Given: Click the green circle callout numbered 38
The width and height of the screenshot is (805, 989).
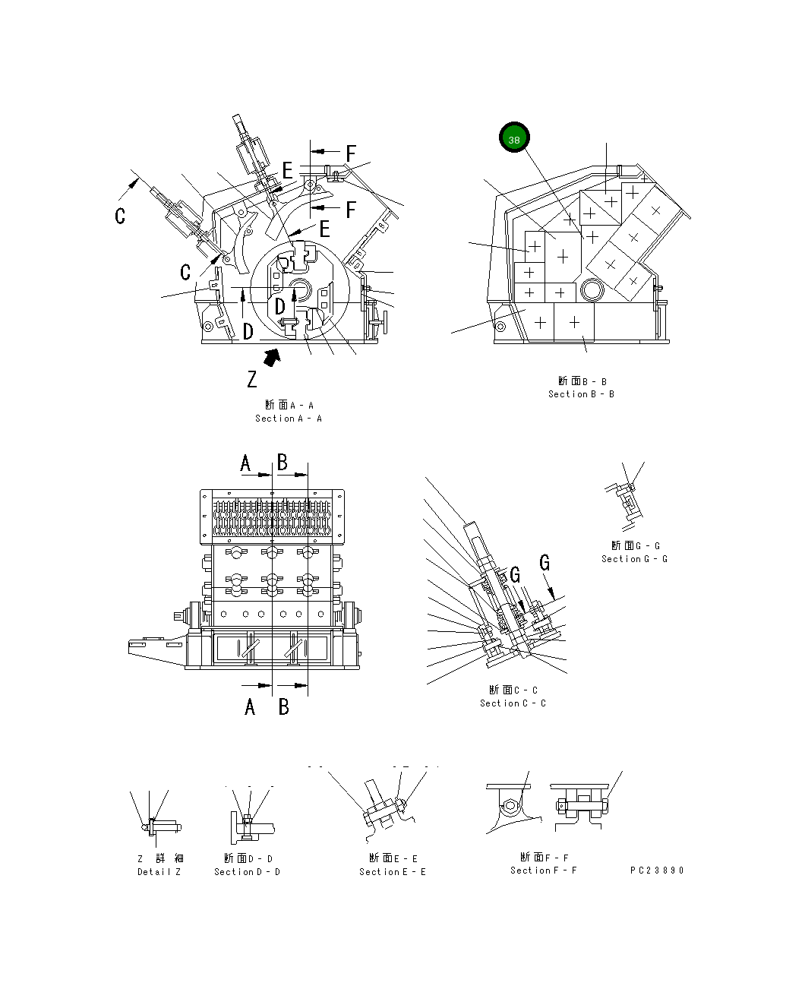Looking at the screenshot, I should click(514, 140).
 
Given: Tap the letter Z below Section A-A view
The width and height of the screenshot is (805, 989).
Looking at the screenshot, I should click(252, 378).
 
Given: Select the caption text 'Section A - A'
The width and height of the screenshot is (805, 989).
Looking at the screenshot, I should click(289, 419).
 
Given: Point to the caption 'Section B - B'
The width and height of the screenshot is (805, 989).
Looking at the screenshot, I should click(582, 394).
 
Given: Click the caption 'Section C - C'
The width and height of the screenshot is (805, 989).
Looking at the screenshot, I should click(513, 703).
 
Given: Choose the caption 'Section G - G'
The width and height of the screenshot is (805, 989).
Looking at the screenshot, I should click(635, 559).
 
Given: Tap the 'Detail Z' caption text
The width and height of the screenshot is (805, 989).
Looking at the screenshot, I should click(159, 872).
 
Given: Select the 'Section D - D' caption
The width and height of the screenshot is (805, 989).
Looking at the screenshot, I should click(248, 872).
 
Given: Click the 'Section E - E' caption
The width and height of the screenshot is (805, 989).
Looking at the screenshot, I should click(393, 872).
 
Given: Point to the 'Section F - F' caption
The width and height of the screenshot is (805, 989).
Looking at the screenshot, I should click(544, 871).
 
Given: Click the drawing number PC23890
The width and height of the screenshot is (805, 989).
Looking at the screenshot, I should click(657, 871).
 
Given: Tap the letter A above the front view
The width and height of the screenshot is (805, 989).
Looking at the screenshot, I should click(245, 463).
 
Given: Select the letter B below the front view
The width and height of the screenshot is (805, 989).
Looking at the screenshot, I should click(284, 707).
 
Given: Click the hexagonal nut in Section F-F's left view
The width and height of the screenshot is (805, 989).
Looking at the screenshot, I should click(511, 806).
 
